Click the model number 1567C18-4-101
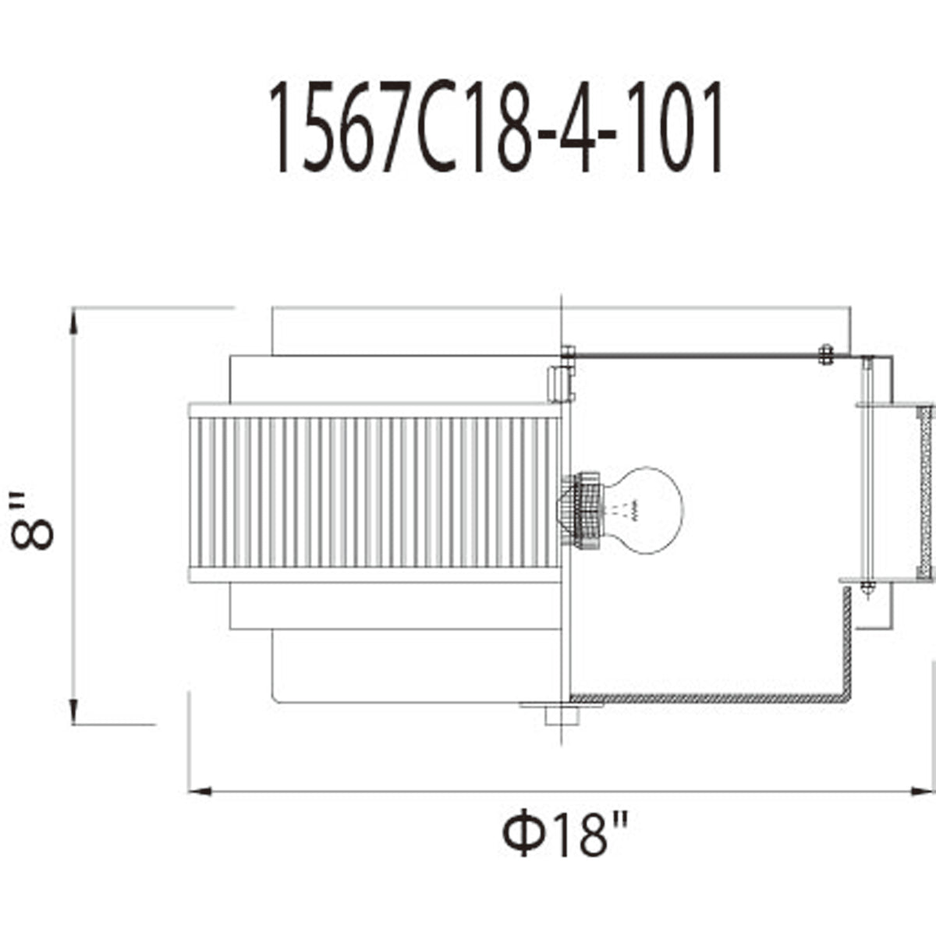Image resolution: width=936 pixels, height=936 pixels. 495,127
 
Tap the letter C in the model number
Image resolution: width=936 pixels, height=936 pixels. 435,128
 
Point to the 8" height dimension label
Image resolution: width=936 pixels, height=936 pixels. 32,521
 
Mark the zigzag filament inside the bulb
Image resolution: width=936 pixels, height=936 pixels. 633,510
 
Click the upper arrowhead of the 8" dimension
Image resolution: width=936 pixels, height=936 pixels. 73,322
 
